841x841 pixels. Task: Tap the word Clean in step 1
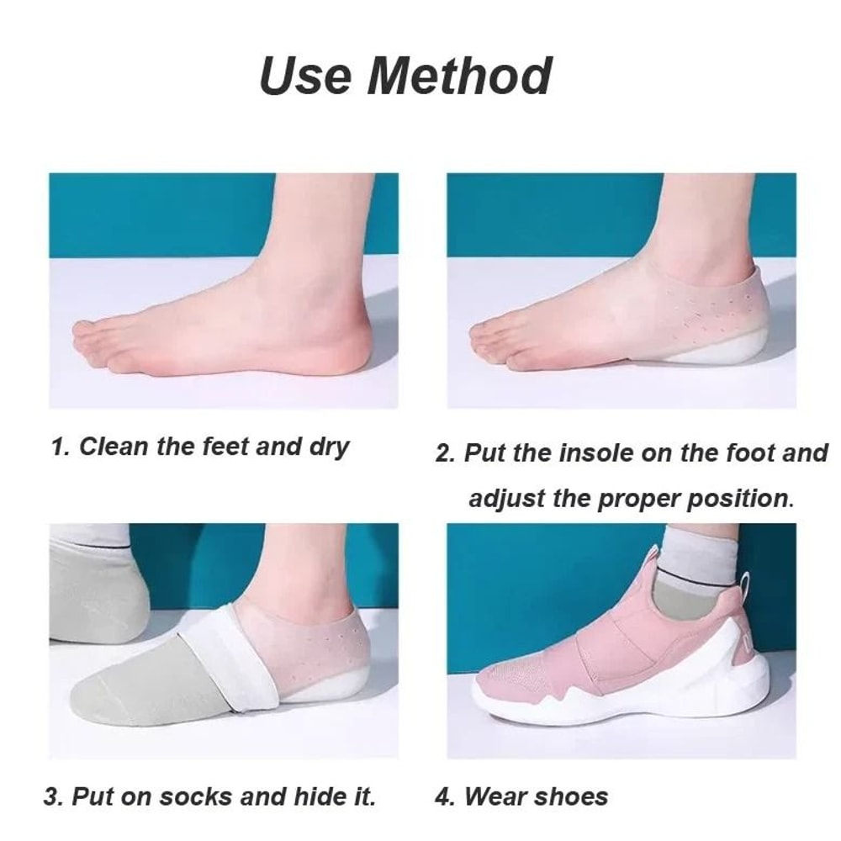(x=115, y=446)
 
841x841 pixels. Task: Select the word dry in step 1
(x=328, y=447)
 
